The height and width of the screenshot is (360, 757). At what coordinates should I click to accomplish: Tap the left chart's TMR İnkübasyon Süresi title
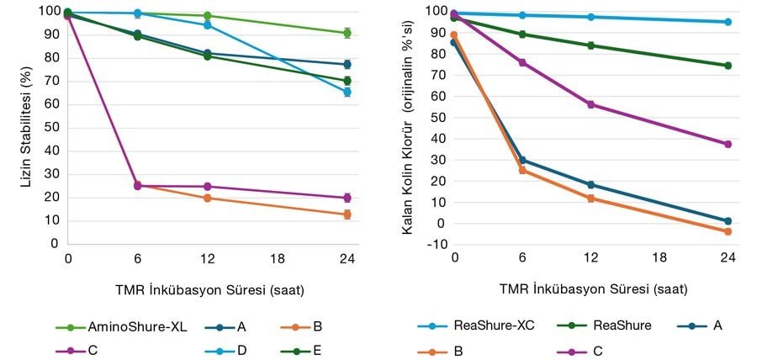click(x=209, y=289)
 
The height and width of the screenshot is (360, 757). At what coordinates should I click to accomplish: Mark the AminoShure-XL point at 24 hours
click(x=346, y=33)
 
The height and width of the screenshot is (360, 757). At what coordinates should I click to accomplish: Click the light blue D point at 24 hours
click(x=346, y=92)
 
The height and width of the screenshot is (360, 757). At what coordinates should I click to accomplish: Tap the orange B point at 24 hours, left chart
click(x=346, y=214)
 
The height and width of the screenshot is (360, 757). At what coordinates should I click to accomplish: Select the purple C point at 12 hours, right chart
click(x=590, y=104)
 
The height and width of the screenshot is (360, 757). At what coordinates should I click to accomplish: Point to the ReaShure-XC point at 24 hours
click(x=728, y=22)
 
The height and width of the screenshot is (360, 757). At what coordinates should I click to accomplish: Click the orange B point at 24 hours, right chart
click(x=728, y=231)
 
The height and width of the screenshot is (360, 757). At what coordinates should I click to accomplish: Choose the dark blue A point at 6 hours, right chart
click(x=522, y=160)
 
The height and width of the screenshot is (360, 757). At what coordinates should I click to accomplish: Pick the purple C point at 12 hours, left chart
click(x=207, y=186)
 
